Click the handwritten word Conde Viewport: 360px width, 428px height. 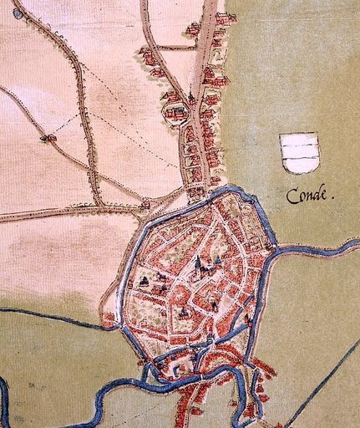(309, 196)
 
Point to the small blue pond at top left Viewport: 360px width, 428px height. (18, 13)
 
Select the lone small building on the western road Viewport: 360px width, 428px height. (47, 138)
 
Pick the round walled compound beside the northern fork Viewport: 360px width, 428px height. (174, 110)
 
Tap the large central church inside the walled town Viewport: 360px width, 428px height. (199, 267)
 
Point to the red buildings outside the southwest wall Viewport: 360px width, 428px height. (109, 318)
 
